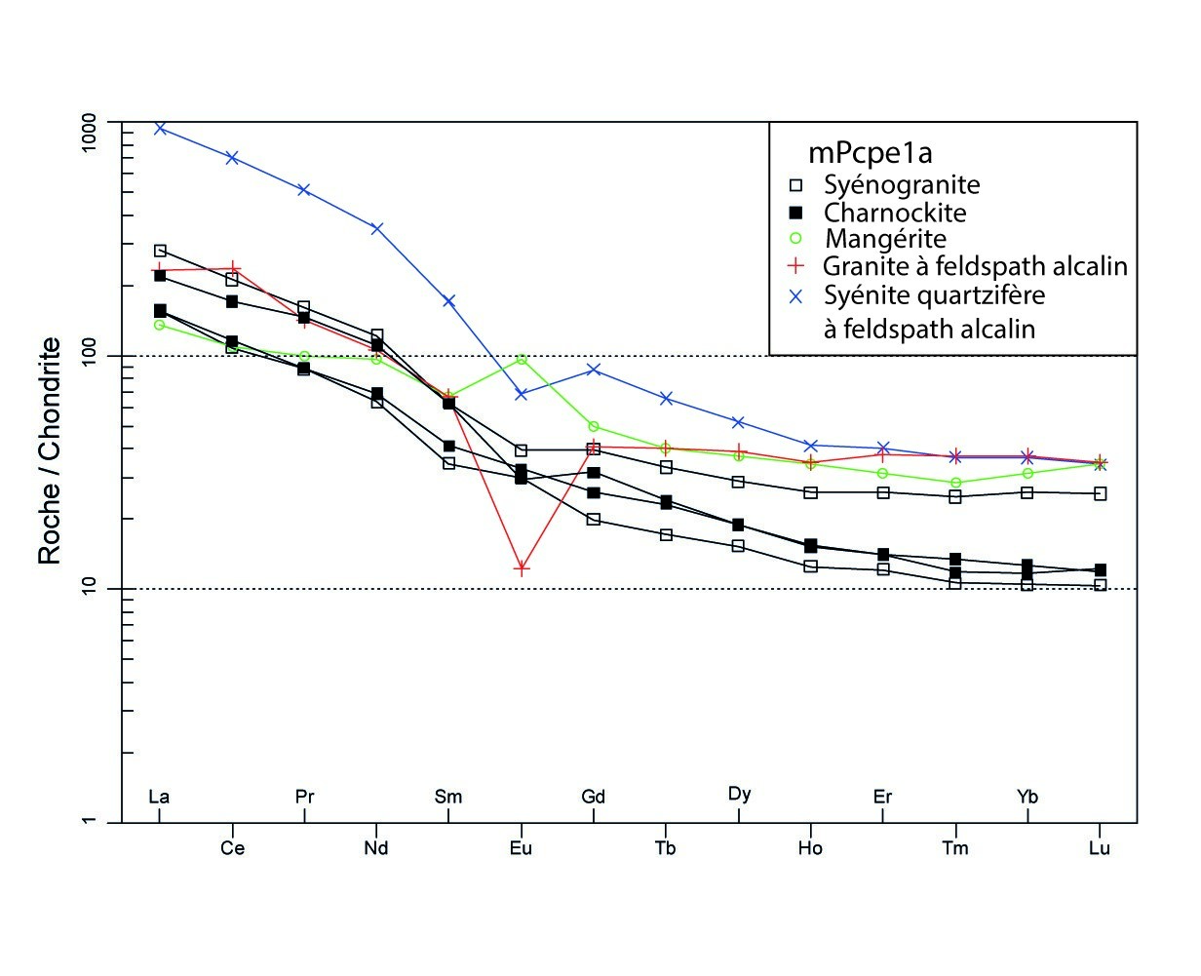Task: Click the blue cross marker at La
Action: [x=160, y=128]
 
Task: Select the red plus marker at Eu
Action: [x=522, y=568]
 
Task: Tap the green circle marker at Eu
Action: [x=522, y=360]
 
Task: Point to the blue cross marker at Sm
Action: [x=449, y=301]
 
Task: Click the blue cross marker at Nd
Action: [x=377, y=228]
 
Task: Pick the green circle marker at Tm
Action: [x=955, y=483]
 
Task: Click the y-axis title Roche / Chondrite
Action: [x=50, y=450]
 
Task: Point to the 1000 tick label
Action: [x=98, y=123]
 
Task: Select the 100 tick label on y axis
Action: [x=98, y=356]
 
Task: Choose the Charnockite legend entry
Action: [x=894, y=212]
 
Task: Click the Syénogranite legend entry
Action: [x=901, y=184]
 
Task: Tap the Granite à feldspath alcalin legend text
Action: [x=975, y=266]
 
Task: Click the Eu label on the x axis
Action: [x=522, y=848]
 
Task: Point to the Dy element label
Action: [x=739, y=794]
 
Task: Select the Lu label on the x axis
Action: [x=1100, y=848]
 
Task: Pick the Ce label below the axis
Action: [x=232, y=848]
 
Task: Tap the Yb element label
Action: [x=1027, y=797]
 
